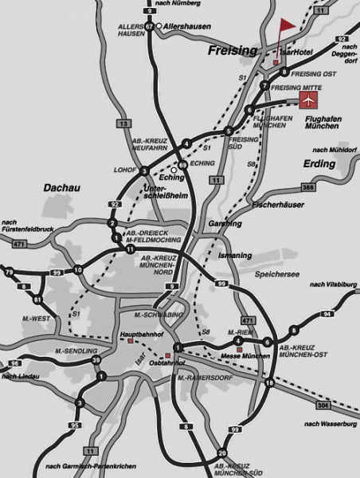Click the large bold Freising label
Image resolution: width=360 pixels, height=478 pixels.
coord(232,50)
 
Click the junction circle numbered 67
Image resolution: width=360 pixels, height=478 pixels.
coord(150,26)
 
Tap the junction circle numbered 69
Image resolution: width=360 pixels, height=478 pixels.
coord(182,165)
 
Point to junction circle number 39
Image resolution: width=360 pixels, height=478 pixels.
coord(96,361)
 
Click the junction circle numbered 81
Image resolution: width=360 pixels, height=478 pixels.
coord(37,300)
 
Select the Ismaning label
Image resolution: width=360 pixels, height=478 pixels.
coord(235,256)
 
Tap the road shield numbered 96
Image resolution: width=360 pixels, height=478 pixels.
coord(15,363)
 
